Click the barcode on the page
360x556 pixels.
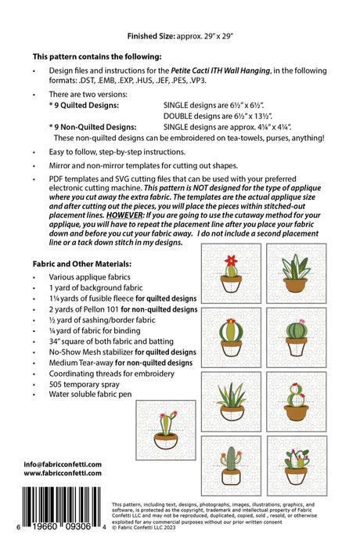tap(62, 507)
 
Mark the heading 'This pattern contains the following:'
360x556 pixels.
tap(97, 56)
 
